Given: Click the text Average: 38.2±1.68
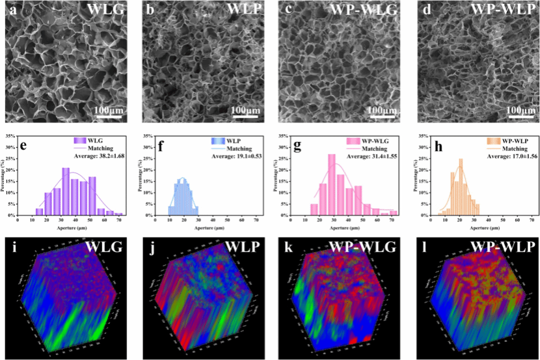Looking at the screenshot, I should [x=96, y=157].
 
